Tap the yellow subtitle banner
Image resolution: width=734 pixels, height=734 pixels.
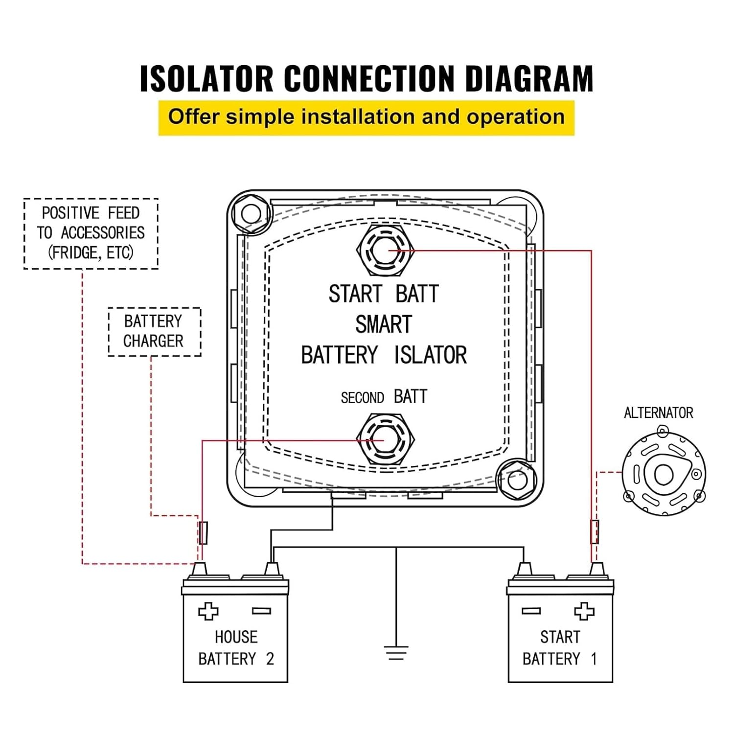pos(366,117)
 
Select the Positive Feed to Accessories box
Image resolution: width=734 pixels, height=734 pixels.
pos(91,233)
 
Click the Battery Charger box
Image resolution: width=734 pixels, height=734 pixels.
pos(154,331)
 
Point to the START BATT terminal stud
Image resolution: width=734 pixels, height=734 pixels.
pos(385,250)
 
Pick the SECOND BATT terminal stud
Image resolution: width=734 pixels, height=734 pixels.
pos(385,439)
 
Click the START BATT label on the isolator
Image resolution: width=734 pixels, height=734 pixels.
pos(384,294)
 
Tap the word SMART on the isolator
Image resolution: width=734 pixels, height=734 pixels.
pos(384,324)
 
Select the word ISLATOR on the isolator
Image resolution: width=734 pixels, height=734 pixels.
pos(430,355)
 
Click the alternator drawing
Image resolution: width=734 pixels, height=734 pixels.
pos(664,474)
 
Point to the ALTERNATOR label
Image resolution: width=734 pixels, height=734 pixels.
pos(658,413)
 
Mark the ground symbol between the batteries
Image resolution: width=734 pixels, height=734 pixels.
pos(396,653)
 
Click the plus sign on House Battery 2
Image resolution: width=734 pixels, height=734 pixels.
pos(208,611)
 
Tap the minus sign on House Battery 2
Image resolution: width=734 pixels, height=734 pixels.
pos(261,611)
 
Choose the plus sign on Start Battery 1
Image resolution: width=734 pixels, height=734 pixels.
pos(584,611)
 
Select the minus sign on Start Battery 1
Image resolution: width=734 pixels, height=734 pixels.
pos(531,611)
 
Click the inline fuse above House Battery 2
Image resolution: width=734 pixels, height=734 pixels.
pos(203,532)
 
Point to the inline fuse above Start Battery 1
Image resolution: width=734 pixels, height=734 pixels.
pos(595,532)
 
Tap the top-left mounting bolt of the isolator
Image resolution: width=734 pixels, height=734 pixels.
pos(251,213)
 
